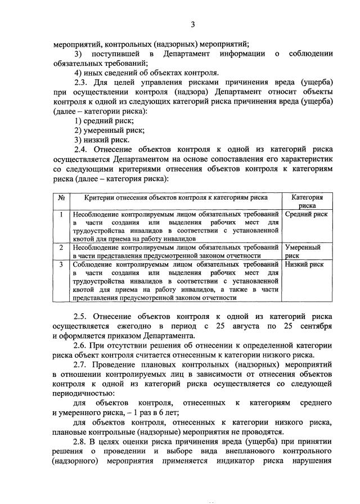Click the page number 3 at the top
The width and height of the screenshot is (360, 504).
pos(192,24)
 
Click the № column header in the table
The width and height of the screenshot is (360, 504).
pos(61,198)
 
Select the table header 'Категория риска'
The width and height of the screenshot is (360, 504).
pos(307,201)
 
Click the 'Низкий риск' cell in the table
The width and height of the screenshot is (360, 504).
pos(304,264)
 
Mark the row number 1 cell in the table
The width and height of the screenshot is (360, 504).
pos(61,214)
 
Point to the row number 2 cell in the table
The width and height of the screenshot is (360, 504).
pos(61,247)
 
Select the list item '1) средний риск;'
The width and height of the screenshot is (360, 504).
pos(104,120)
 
